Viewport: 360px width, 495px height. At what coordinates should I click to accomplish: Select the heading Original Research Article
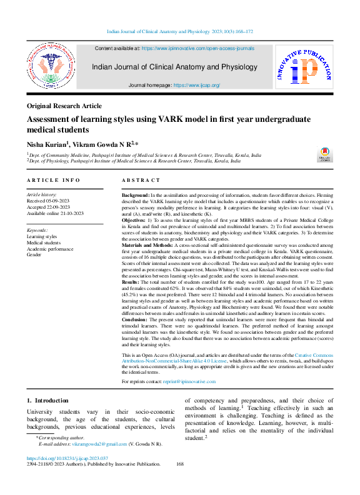pos(64,106)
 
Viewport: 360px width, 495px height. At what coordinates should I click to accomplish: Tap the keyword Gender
pos(35,255)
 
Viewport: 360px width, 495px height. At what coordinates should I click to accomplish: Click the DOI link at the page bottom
pos(71,476)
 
